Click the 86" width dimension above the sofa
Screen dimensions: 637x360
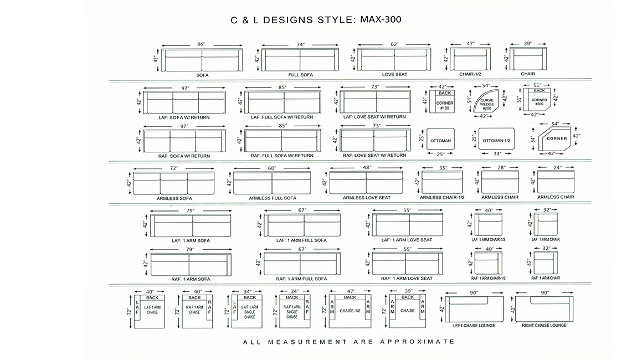pos(201,44)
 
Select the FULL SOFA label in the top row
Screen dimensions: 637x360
pos(301,75)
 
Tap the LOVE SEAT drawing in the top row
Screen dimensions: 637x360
pos(394,59)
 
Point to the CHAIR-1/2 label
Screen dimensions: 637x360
pos(470,74)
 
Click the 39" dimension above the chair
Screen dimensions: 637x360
pos(528,43)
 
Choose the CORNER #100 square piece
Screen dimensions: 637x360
pos(444,101)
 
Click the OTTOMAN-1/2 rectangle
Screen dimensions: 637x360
pos(496,140)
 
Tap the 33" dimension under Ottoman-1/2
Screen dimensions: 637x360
pos(497,153)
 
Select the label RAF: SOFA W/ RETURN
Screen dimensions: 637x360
pos(184,156)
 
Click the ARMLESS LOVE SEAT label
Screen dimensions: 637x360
pos(367,198)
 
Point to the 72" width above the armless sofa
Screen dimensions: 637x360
pos(174,168)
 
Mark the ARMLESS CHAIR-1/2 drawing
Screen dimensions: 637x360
pos(442,182)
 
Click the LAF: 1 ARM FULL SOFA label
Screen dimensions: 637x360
pos(301,240)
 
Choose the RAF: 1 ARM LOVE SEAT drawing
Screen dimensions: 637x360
pos(408,263)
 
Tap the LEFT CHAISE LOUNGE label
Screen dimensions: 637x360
pos(474,326)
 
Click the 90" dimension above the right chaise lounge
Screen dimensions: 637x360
pos(544,292)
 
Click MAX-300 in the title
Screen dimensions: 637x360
pos(381,19)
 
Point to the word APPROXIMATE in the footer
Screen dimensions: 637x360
pos(418,342)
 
